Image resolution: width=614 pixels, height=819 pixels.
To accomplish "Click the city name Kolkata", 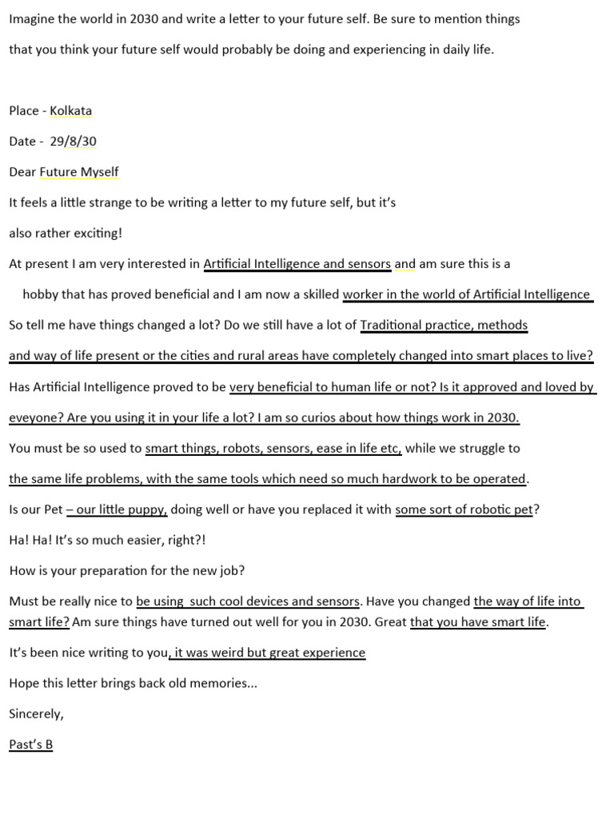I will pos(70,110).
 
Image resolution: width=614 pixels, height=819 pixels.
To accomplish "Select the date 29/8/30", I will pos(73,141).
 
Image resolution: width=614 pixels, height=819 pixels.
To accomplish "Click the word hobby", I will pos(40,294).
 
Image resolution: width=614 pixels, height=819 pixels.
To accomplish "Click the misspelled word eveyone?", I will pos(34,417).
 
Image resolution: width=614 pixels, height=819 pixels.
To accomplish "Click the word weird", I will pos(228,653).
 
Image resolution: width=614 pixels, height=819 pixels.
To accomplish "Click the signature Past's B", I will pos(30,745).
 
